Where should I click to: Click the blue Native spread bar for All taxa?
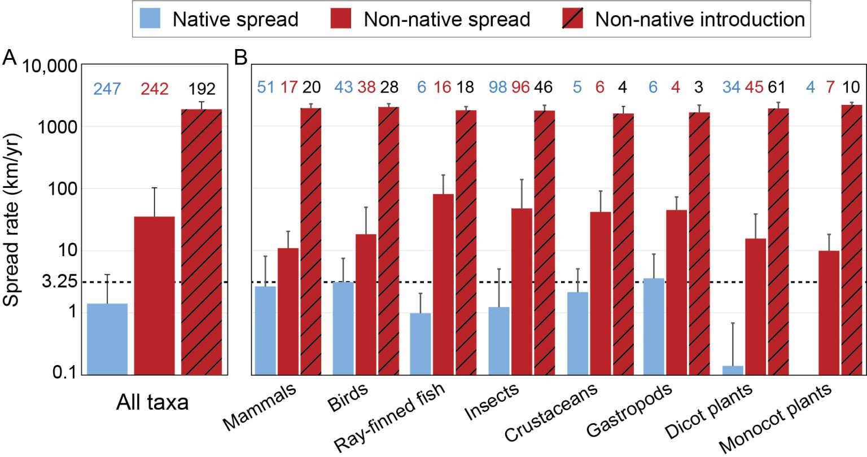[x=107, y=339]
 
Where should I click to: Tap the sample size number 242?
[x=154, y=89]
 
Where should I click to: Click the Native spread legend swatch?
[x=150, y=19]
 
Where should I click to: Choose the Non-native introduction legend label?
[x=699, y=19]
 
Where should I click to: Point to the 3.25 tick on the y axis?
[x=60, y=282]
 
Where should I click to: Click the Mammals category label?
[x=260, y=407]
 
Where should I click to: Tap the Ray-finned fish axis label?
[x=389, y=418]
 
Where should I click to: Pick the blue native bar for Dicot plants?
[x=733, y=370]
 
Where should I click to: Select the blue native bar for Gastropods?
[x=654, y=326]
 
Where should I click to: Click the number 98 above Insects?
[x=497, y=87]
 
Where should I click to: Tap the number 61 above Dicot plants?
[x=777, y=87]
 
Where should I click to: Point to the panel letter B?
[x=241, y=58]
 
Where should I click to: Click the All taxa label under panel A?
[x=152, y=402]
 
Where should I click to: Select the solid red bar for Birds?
[x=366, y=304]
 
